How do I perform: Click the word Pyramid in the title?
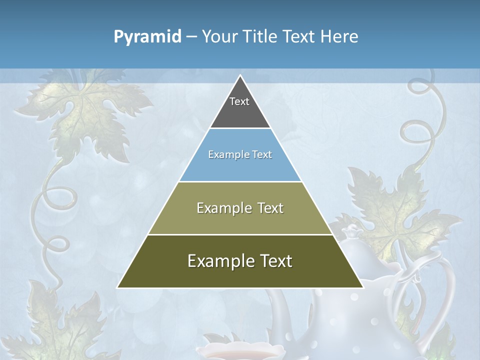point(147,37)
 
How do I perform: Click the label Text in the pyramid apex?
point(239,101)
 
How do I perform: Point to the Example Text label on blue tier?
point(240,154)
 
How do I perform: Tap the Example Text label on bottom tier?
point(240,261)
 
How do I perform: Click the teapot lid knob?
point(353,231)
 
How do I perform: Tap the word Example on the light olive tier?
point(220,208)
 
